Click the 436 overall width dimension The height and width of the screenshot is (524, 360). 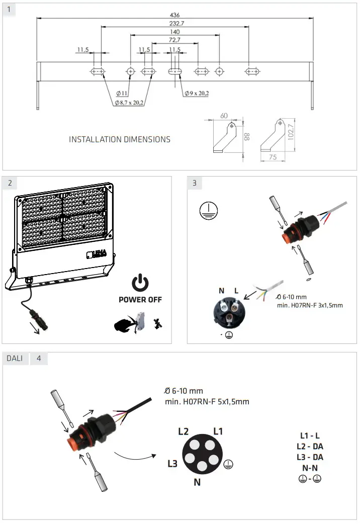(x=174, y=15)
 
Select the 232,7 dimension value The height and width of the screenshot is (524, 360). (x=174, y=23)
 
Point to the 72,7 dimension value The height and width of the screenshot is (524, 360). (x=174, y=39)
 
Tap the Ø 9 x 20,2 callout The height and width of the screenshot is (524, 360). (x=196, y=93)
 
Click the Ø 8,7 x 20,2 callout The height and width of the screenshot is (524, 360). (x=129, y=103)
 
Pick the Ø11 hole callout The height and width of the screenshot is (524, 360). (x=122, y=93)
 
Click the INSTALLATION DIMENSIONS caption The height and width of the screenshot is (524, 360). (x=120, y=139)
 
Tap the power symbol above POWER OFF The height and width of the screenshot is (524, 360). (x=140, y=283)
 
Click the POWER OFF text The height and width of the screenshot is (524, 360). (x=140, y=300)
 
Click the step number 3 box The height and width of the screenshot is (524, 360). (x=195, y=183)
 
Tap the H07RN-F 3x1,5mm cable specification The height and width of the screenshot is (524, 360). (x=310, y=305)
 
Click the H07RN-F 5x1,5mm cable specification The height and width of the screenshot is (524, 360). (x=207, y=401)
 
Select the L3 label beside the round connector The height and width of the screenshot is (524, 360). (x=172, y=464)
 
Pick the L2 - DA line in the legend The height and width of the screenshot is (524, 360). (x=310, y=447)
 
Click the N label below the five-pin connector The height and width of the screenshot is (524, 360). (x=198, y=483)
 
